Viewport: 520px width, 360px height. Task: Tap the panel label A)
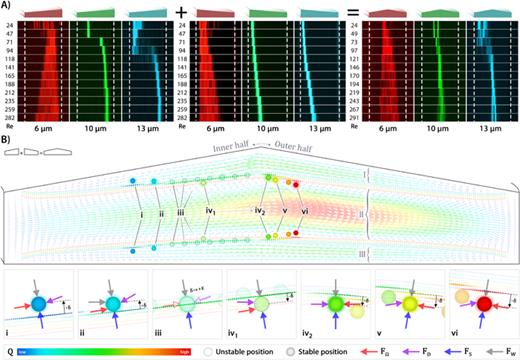[x=8, y=5]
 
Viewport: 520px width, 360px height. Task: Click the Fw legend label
[x=507, y=351]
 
